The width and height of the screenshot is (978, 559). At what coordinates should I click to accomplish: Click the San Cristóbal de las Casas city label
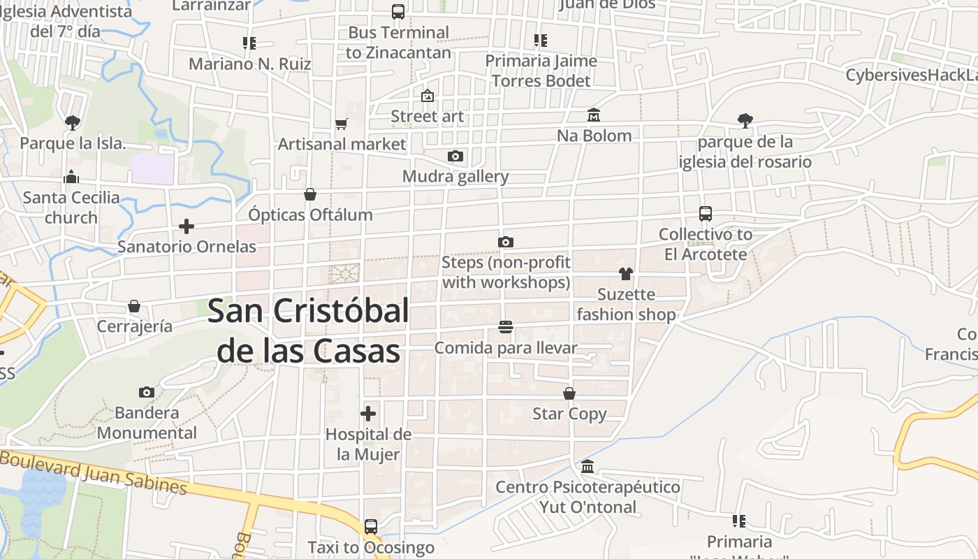click(x=308, y=331)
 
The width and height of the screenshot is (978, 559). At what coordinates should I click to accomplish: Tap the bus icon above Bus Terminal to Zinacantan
click(x=398, y=12)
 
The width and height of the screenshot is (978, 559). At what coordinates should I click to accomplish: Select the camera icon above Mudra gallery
click(x=455, y=156)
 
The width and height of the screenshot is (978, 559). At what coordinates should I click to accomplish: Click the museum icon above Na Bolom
click(x=594, y=115)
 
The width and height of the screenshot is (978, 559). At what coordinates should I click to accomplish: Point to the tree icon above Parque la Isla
click(x=72, y=123)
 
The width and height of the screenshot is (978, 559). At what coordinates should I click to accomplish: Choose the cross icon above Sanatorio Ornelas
click(x=187, y=226)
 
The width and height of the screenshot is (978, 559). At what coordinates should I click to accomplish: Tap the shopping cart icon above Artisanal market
click(x=342, y=124)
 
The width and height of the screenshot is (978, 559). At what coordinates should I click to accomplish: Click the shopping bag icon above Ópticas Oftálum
click(x=310, y=194)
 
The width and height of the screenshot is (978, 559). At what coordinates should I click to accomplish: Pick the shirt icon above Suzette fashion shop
click(x=625, y=273)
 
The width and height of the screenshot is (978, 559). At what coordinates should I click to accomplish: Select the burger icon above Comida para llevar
click(x=506, y=327)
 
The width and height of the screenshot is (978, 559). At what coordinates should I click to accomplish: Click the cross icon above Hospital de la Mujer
click(x=368, y=414)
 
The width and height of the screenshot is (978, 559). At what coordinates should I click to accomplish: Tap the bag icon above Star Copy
click(x=569, y=393)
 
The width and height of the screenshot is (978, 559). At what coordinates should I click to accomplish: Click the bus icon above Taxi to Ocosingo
click(x=371, y=526)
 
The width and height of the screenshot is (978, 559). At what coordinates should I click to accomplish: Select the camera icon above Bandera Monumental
click(x=147, y=392)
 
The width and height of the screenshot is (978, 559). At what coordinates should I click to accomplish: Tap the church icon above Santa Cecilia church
click(x=71, y=177)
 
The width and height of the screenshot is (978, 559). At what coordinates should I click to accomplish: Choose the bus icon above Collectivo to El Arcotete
click(x=706, y=214)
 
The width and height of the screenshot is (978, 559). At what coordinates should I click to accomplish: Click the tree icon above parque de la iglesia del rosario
click(x=745, y=121)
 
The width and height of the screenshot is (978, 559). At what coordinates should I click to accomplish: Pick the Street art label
click(x=427, y=116)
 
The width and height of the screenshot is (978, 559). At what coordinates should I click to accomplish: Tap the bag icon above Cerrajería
click(x=134, y=306)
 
